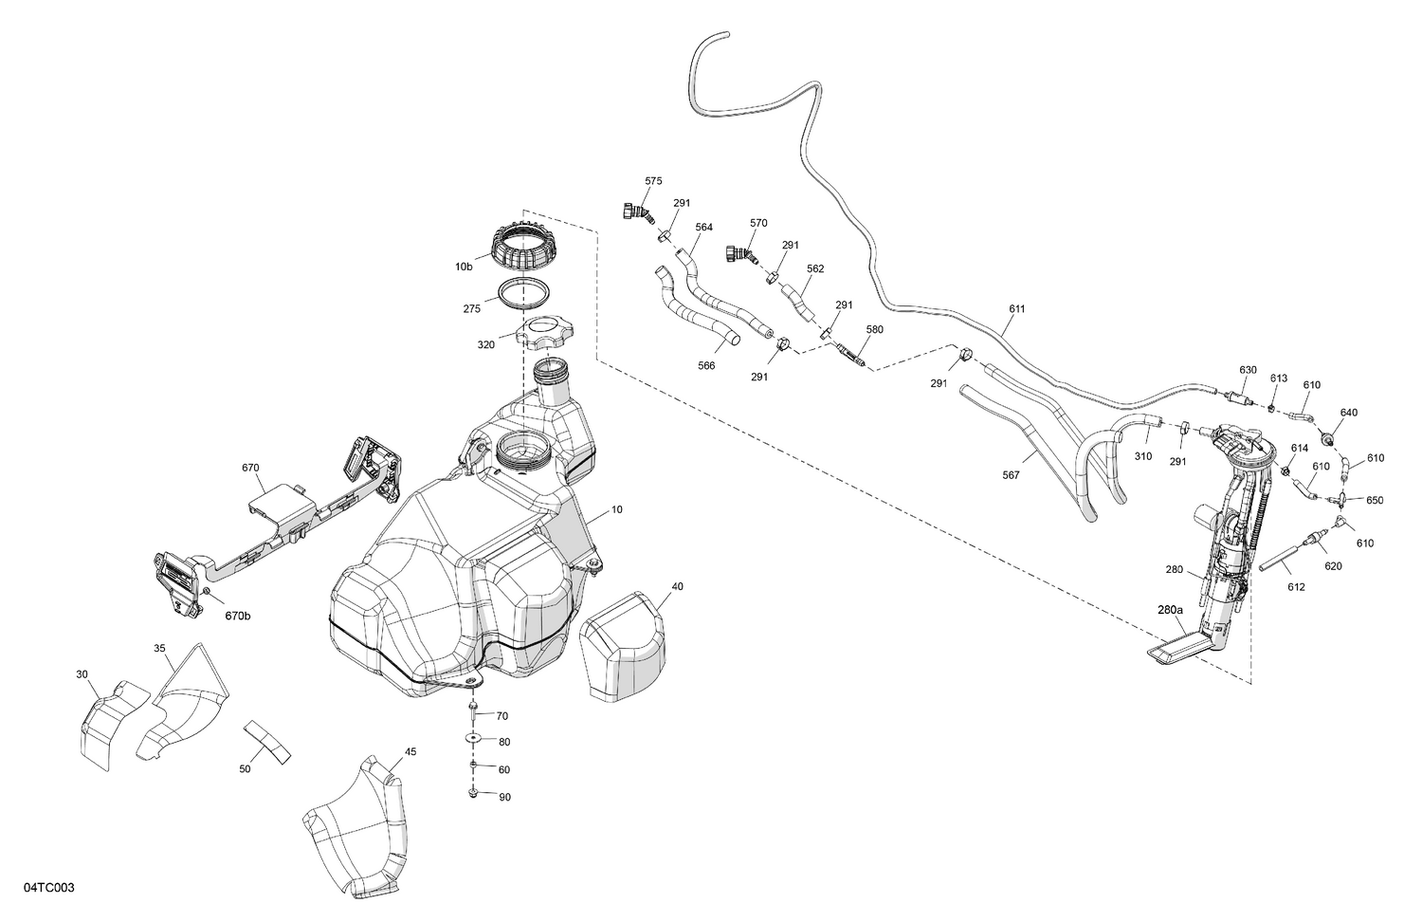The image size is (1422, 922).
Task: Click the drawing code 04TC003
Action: [49, 888]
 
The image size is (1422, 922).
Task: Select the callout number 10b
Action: [464, 267]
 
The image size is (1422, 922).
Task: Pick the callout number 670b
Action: [238, 617]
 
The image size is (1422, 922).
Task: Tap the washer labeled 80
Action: [474, 738]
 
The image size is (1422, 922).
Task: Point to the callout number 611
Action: [1017, 309]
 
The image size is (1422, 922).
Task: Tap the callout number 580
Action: [874, 330]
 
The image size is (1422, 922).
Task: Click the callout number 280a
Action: [1170, 611]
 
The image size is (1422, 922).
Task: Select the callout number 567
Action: [1011, 475]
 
